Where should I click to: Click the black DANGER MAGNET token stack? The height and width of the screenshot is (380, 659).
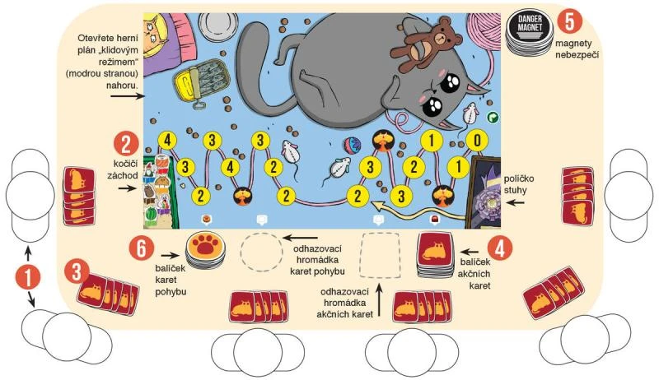point(530,31)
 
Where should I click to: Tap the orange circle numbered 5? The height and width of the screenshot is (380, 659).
point(569,21)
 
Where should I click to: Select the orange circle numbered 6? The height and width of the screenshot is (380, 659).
point(141,248)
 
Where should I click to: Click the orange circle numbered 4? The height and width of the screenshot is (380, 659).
point(499,248)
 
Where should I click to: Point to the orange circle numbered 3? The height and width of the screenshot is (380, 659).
point(77,271)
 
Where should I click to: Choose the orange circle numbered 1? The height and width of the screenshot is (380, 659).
point(28,278)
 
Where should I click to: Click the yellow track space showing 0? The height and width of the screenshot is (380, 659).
point(477,140)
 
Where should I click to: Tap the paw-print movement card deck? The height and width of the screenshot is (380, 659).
point(205,250)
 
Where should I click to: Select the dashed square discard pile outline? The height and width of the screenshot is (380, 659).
point(380,255)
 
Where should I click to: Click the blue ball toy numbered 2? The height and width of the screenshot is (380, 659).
point(353,145)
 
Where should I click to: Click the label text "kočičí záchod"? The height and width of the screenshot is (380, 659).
point(122,169)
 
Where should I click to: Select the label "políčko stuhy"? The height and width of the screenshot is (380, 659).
point(519,184)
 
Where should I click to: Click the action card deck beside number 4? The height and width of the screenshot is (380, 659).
point(436,254)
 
